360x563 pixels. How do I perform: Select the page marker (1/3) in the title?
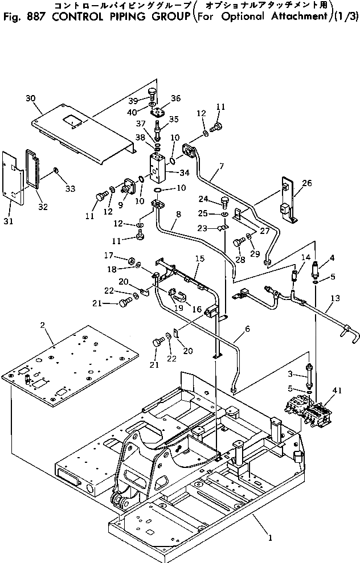pos(347,15)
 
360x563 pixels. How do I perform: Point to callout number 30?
pos(31,98)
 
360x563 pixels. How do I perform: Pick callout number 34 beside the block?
pos(184,172)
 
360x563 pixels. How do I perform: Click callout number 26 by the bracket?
pos(306,183)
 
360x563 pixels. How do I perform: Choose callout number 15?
pos(199,258)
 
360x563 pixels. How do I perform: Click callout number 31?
pos(7,221)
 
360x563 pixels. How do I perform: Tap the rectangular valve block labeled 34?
pos(158,167)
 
